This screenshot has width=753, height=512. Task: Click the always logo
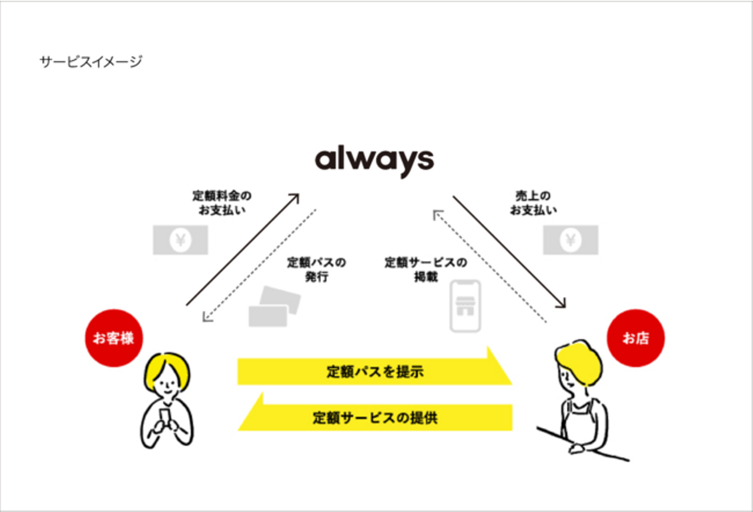[x=374, y=160]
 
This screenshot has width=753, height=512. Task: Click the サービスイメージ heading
[x=91, y=62]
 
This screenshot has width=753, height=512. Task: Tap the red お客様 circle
[x=113, y=338]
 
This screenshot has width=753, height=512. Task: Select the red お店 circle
[x=635, y=338]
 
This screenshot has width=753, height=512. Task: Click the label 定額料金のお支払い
[x=222, y=202]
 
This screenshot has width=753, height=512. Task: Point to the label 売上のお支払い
[x=533, y=202]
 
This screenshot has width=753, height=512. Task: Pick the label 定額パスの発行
[x=316, y=269]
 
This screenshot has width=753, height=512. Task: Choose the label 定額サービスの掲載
[x=426, y=269]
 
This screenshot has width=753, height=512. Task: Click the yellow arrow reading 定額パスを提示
[x=374, y=371]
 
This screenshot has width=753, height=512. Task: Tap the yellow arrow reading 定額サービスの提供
[x=374, y=417]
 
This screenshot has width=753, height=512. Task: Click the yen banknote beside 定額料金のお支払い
[x=180, y=240]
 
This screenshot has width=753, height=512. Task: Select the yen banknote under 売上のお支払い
[x=571, y=240]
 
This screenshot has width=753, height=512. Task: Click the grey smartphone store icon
[x=465, y=306]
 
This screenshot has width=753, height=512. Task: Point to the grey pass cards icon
[x=274, y=308]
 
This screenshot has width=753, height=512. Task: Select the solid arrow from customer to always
[x=242, y=250]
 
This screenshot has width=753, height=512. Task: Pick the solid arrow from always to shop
[x=509, y=252]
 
